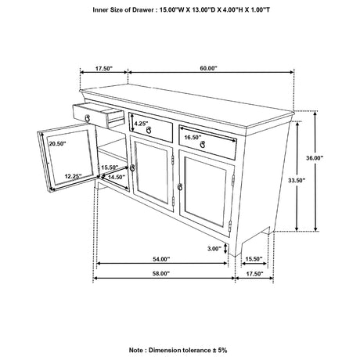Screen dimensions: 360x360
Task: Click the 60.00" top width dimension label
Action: coord(208,68)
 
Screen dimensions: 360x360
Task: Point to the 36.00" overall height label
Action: coord(315,158)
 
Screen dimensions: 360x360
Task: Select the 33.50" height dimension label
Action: coord(297,180)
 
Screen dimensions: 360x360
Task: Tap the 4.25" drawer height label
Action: coord(141,123)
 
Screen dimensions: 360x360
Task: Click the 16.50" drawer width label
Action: coord(193,137)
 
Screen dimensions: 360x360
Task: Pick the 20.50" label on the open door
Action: coord(57,143)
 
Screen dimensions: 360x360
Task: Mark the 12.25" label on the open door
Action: coord(74,176)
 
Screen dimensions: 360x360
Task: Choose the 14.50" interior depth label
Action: coord(117,177)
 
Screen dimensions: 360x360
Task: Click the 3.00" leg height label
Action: coord(214,249)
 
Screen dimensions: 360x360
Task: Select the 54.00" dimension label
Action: coord(161,259)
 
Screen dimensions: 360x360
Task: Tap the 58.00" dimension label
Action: coord(161,273)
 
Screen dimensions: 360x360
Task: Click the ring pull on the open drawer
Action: coord(88,118)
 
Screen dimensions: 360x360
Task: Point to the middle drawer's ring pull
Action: coord(149,130)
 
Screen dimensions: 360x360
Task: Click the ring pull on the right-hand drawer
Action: coord(203,144)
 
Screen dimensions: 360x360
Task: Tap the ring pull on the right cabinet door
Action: coord(179,187)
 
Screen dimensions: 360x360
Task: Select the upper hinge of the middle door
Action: coord(173,160)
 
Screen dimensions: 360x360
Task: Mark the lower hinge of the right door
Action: coord(230,225)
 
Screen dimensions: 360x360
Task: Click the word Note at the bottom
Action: coord(136,350)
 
